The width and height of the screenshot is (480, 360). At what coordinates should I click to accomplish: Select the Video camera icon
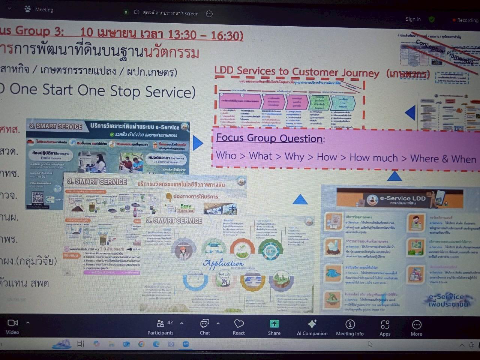point(12,323)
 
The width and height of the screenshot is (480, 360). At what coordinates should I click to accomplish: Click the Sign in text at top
point(413,19)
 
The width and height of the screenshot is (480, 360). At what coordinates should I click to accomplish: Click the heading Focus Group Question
point(270,138)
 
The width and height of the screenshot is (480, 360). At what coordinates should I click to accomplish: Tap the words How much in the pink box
point(373,158)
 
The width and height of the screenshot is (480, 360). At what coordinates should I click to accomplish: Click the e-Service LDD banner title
point(402,198)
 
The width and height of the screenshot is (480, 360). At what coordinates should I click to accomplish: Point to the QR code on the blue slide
point(38,197)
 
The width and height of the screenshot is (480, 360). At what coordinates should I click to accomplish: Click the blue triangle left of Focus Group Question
point(198,142)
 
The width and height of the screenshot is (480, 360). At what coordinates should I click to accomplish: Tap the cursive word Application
point(223,264)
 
